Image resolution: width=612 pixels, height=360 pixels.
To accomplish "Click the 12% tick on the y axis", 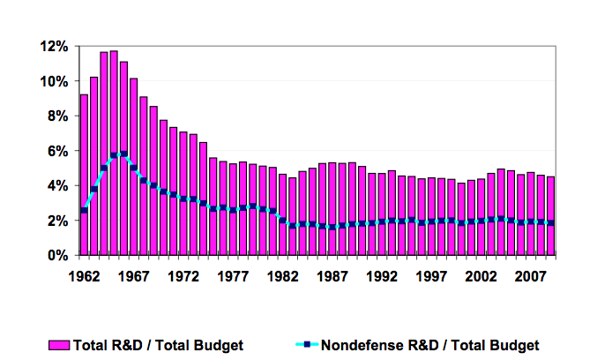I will (x=56, y=46).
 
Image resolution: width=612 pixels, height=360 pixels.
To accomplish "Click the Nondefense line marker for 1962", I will (x=84, y=210).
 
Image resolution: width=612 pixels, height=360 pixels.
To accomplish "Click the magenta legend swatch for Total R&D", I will (x=58, y=345).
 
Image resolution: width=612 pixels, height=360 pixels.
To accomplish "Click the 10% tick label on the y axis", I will (x=56, y=81).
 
